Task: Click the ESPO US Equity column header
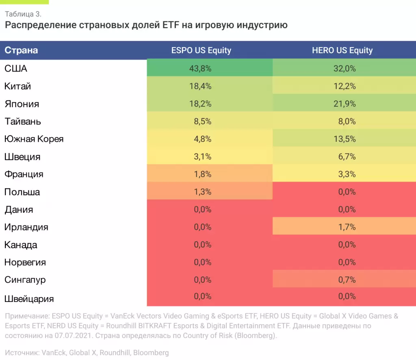201,51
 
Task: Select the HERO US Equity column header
342,51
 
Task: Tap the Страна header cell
21,51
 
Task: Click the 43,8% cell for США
200,69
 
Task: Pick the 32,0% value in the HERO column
344,69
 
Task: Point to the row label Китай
18,86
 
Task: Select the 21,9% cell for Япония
344,104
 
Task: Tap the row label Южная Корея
34,139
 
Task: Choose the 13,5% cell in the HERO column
344,139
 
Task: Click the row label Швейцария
29,299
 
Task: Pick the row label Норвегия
25,262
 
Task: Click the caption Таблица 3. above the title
23,14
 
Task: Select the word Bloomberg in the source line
152,353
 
